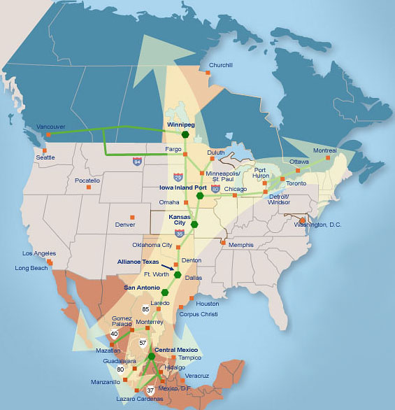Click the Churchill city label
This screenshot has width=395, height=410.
pyautogui.click(x=221, y=65)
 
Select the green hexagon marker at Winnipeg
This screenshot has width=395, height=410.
pyautogui.click(x=185, y=134)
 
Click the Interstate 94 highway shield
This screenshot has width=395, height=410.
pyautogui.click(x=137, y=162)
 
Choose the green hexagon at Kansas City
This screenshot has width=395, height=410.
pyautogui.click(x=195, y=225)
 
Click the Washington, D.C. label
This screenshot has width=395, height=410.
pyautogui.click(x=318, y=225)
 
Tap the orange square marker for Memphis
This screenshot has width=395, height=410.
pyautogui.click(x=223, y=243)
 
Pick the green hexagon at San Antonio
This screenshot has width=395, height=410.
pyautogui.click(x=165, y=292)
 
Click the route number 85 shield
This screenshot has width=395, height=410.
pyautogui.click(x=145, y=309)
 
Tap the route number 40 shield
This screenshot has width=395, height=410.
pyautogui.click(x=114, y=334)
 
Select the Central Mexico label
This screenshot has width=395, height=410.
pyautogui.click(x=176, y=349)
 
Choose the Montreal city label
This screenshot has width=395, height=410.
pyautogui.click(x=324, y=150)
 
